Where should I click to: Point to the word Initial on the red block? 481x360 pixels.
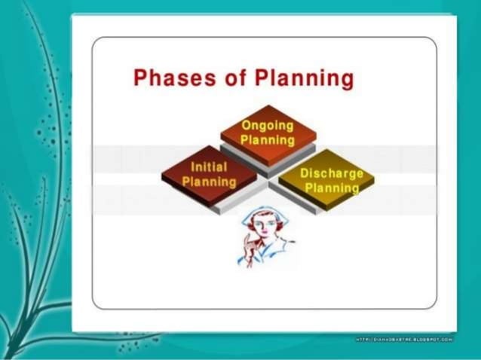(x=209, y=167)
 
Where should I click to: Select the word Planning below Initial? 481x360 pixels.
(x=209, y=182)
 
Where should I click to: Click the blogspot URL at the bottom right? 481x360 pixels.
(x=403, y=340)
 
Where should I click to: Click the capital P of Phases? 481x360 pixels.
(x=140, y=78)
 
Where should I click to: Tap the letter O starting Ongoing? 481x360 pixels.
(x=246, y=125)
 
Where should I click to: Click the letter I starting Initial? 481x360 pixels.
(x=195, y=167)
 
